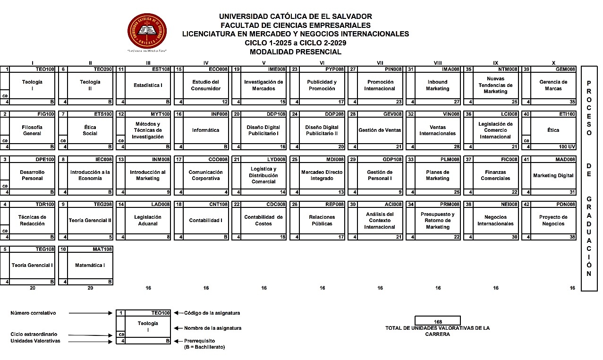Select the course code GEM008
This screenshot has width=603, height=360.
pos(565,69)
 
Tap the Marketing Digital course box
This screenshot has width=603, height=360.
pos(553,176)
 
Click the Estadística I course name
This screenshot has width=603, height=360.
pos(148,86)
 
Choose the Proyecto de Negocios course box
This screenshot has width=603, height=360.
pos(553,221)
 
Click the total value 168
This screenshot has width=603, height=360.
pos(437,322)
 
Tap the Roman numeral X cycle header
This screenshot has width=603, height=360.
pos(553,63)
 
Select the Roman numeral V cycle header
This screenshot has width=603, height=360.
pos(263,63)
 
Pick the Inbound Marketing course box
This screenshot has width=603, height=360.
pos(437,86)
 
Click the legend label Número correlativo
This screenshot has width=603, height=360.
pos(33,313)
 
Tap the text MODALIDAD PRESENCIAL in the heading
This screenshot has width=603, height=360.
pos(296,52)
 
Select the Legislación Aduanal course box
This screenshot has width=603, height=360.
pos(148,221)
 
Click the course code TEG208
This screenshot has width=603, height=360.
pos(102,205)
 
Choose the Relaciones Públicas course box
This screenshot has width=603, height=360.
pos(322,221)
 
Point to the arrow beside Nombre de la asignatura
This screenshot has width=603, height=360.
pos(178,328)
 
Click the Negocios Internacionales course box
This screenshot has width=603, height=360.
pos(495,221)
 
